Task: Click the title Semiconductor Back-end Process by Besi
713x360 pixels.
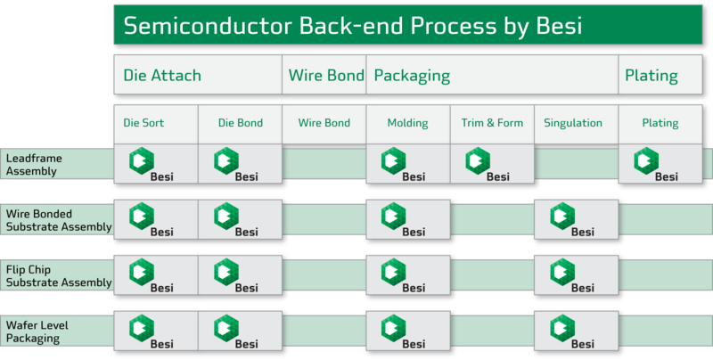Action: coord(352,26)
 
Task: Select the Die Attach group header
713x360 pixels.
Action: coord(162,76)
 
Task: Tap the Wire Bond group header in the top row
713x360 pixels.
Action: coord(325,76)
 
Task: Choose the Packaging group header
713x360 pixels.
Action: coord(411,76)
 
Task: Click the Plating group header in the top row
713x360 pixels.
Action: coord(652,76)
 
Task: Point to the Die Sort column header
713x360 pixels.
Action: coord(143,123)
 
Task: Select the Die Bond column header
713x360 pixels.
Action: coord(240,123)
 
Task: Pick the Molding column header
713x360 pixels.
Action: coord(407,123)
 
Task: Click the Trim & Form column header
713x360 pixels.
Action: coord(492,123)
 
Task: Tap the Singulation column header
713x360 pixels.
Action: coord(572,123)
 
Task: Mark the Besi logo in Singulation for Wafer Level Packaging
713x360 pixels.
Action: coord(573,331)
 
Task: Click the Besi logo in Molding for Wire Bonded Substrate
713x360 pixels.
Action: coord(404,220)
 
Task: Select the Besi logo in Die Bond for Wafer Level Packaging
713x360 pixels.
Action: coord(237,331)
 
